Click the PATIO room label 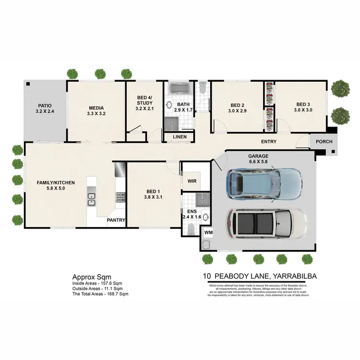(45, 106)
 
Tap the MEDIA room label (96, 108)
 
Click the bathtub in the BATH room (178, 89)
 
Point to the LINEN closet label (180, 137)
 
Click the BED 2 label (238, 105)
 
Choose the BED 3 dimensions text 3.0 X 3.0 (303, 110)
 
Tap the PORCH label (324, 142)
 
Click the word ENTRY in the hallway (268, 142)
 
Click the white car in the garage (267, 223)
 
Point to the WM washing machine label (208, 233)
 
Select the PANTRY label (116, 220)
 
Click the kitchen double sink (91, 198)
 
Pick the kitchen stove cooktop (120, 197)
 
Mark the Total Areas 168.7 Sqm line (100, 294)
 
